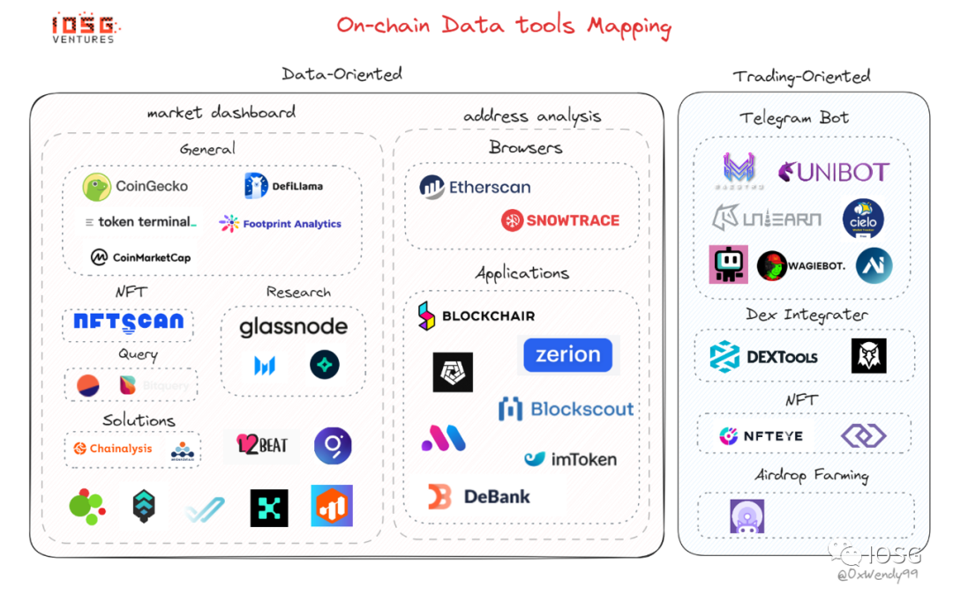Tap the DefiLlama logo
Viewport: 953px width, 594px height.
click(283, 186)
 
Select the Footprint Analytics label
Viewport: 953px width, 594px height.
click(281, 224)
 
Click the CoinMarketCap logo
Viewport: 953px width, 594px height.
click(140, 257)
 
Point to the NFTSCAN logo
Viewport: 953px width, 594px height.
click(128, 323)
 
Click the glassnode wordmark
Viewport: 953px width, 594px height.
click(293, 327)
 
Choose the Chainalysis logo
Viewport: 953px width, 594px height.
click(112, 449)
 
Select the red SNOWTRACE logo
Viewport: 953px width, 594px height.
click(560, 220)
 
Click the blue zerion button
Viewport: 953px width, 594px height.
click(567, 354)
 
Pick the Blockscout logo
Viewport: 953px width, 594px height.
click(566, 409)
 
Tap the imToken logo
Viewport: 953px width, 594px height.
click(570, 459)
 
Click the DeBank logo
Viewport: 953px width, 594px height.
click(479, 497)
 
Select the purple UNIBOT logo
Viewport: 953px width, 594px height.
click(833, 172)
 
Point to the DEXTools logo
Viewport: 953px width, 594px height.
click(763, 357)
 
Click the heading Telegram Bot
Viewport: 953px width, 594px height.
click(794, 118)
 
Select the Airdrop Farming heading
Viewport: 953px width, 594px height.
click(811, 476)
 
